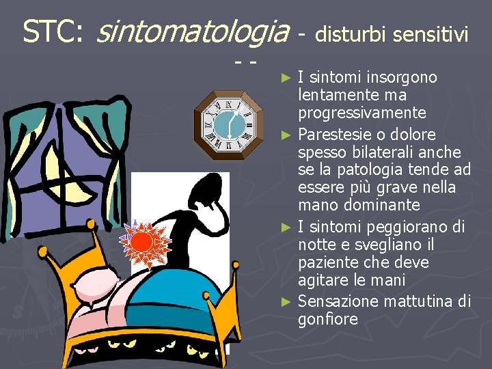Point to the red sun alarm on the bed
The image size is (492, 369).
point(143,243)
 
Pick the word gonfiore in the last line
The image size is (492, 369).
point(328,319)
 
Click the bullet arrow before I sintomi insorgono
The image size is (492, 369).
point(289,77)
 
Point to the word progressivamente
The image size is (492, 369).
point(361,112)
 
